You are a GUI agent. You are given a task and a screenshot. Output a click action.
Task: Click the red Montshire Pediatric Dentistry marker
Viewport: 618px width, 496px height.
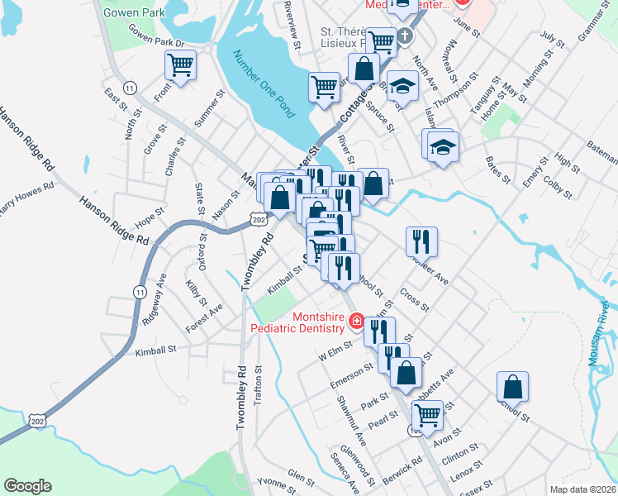tap(357, 321)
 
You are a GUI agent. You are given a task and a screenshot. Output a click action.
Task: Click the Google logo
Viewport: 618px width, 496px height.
tap(27, 486)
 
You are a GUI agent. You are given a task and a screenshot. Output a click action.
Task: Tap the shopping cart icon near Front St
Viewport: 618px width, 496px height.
tap(180, 64)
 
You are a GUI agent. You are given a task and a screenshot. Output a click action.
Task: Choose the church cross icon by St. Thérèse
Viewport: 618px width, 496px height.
tap(405, 36)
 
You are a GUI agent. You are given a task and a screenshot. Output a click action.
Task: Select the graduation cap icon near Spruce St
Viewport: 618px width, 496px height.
tap(402, 86)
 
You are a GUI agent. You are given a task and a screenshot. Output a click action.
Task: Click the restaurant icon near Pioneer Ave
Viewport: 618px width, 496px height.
tap(421, 241)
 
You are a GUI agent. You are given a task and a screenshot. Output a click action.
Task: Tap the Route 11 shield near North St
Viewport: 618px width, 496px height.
tap(129, 87)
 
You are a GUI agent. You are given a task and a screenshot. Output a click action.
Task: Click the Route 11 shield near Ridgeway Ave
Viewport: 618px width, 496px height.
tap(138, 291)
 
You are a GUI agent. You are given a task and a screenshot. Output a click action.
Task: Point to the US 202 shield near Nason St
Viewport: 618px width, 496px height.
tap(258, 217)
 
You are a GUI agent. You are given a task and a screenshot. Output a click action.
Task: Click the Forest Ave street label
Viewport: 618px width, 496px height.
tap(204, 318)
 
